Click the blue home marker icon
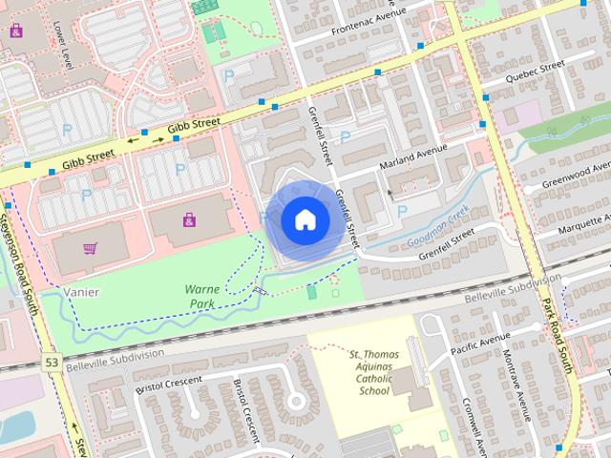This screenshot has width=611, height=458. [305, 220]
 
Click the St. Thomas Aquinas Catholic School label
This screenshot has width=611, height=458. [373, 372]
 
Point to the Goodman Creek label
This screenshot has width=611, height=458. [438, 229]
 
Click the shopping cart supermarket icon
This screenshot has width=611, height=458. [90, 249]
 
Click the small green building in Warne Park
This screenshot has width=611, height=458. [312, 291]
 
